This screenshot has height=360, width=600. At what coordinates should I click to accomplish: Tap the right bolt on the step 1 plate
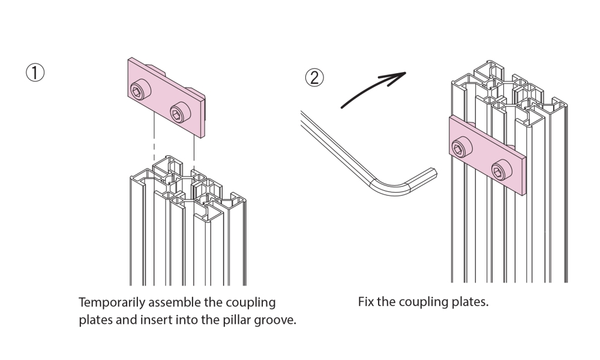(178, 110)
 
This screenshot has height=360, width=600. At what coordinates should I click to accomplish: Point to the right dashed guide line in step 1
(194, 147)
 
